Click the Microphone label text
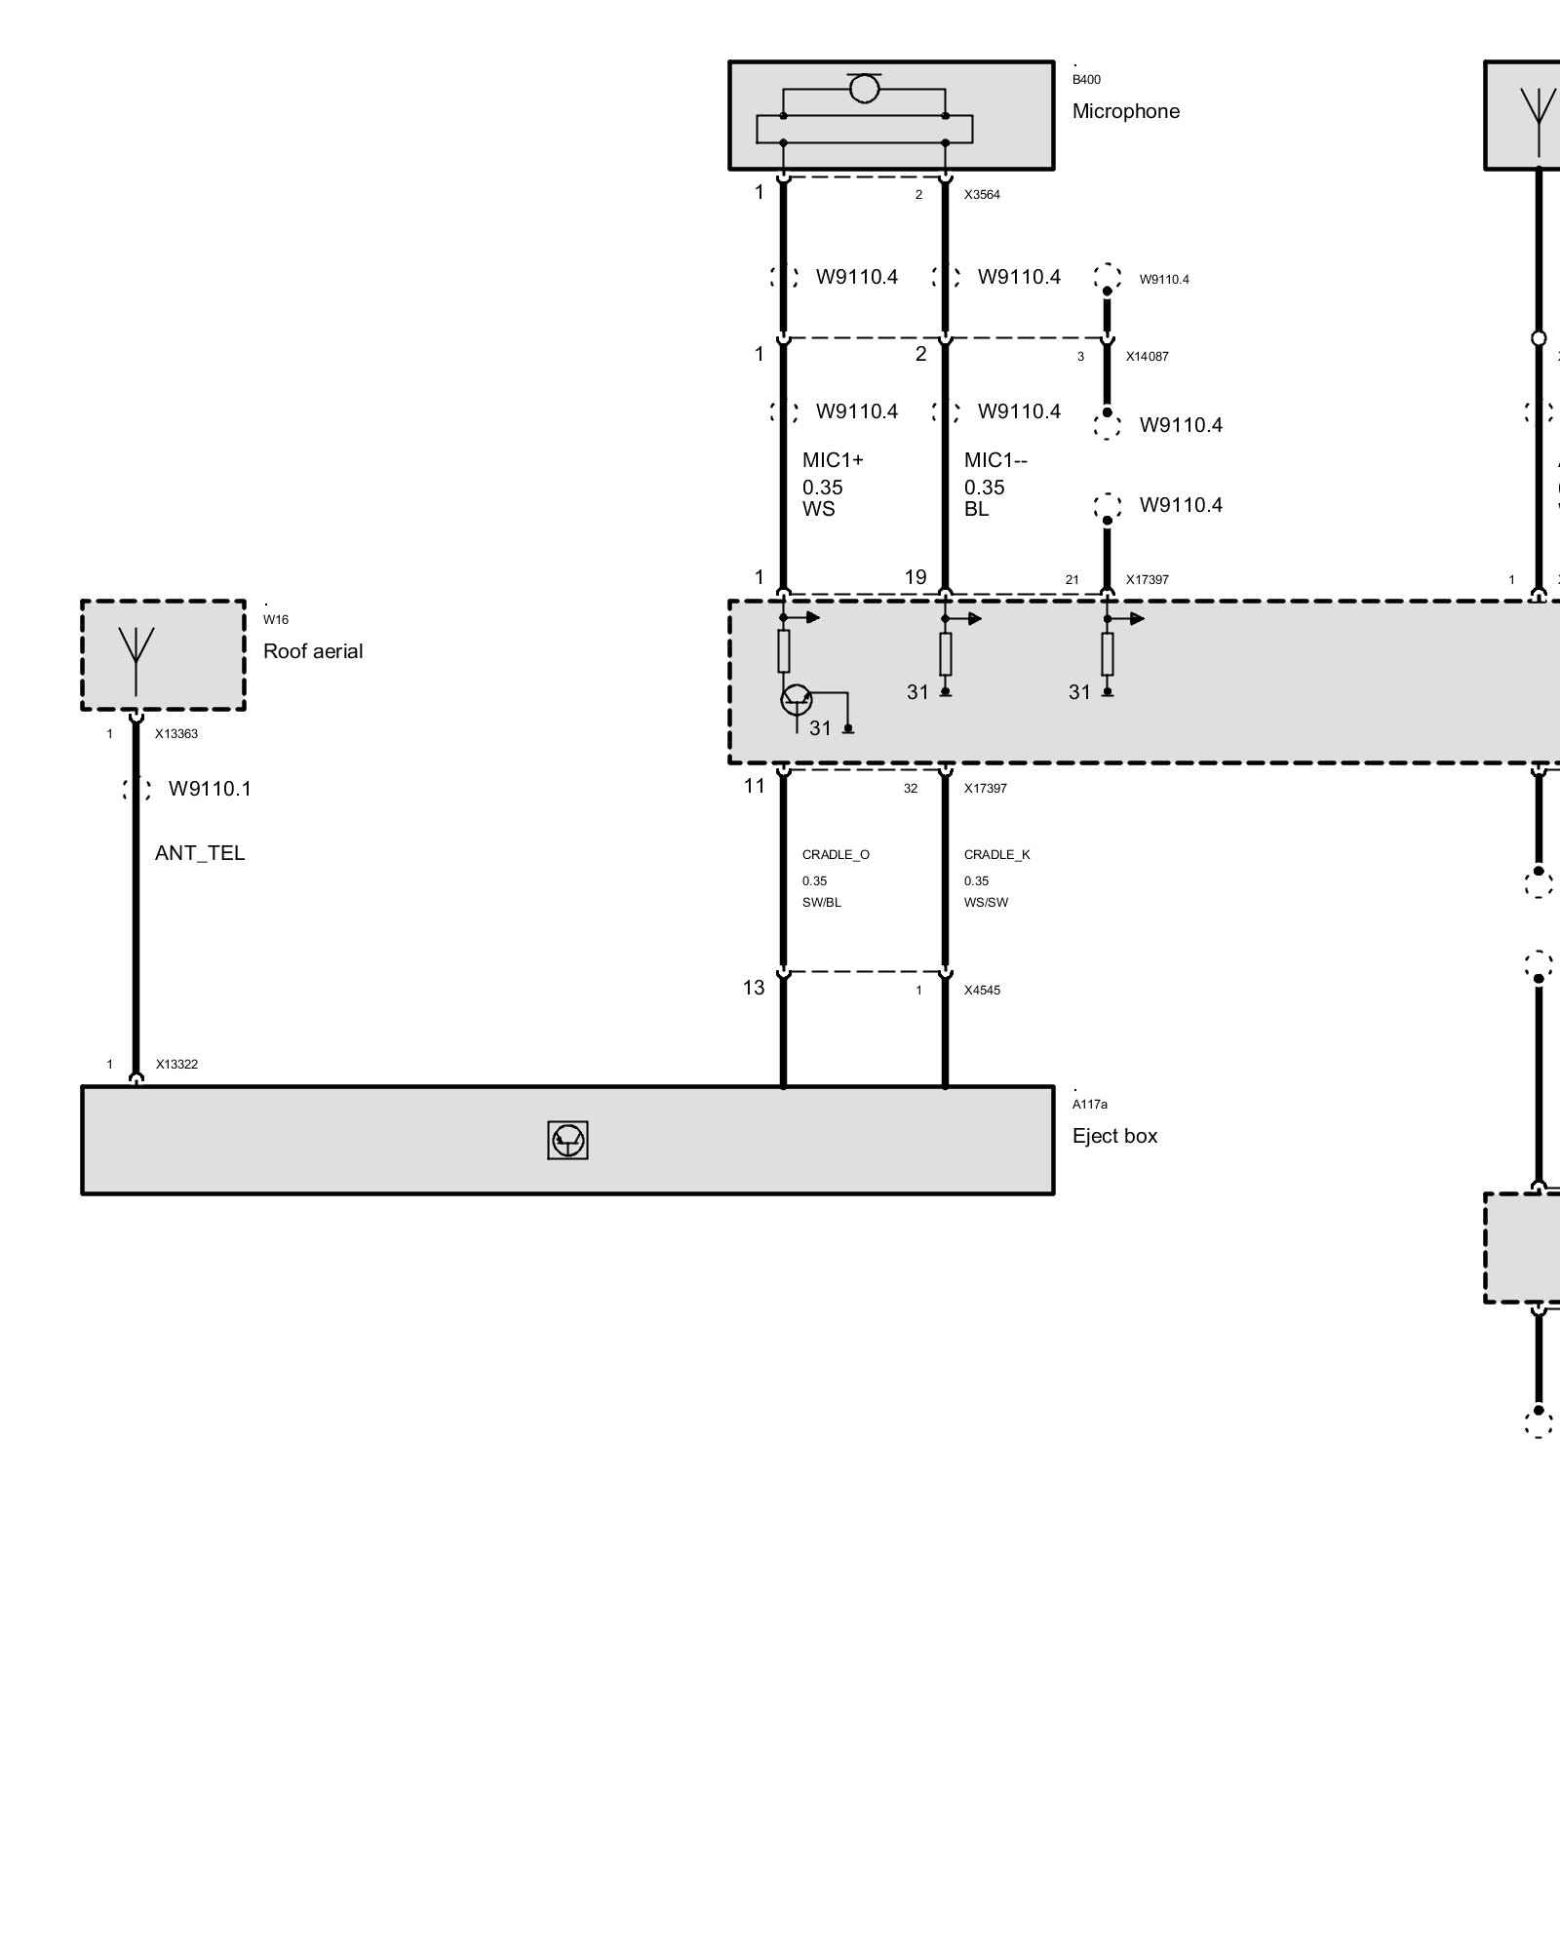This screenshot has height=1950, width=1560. tap(1125, 111)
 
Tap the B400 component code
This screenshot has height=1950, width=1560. tap(1086, 80)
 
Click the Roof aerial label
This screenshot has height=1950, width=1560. tap(312, 651)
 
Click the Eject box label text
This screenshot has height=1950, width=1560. tap(1114, 1136)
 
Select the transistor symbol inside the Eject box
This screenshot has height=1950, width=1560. tap(567, 1140)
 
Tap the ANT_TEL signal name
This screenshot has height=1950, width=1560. tap(200, 853)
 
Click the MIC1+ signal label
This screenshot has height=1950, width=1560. tap(833, 460)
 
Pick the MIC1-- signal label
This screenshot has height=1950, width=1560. tap(995, 460)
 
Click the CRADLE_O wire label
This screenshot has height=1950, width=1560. tap(836, 855)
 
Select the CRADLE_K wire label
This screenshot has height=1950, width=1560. tap(996, 855)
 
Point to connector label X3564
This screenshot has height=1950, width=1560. tap(982, 195)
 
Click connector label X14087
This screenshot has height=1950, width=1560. tap(1147, 357)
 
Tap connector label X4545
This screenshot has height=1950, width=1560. tap(982, 991)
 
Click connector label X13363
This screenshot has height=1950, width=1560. tap(176, 734)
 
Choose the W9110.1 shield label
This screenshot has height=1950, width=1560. tap(210, 789)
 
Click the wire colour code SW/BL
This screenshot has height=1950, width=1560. tap(821, 903)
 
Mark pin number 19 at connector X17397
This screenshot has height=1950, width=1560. tap(916, 577)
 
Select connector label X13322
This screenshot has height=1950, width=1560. tap(176, 1065)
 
